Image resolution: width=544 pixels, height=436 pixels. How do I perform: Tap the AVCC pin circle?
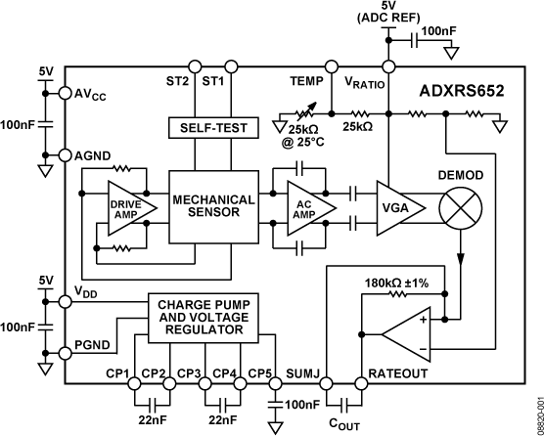pyautogui.click(x=66, y=93)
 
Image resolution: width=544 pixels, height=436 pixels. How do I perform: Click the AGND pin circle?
pyautogui.click(x=66, y=155)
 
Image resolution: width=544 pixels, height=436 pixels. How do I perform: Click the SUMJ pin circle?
pyautogui.click(x=326, y=384)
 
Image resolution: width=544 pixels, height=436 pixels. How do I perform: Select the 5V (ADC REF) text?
pyautogui.click(x=389, y=15)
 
